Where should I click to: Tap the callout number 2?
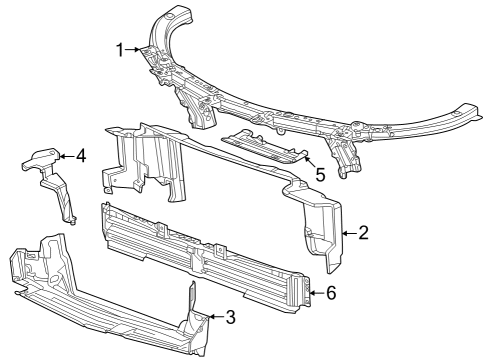364,233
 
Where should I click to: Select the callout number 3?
230,318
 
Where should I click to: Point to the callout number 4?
80,155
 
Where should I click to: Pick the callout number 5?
319,174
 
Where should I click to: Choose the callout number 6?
332,293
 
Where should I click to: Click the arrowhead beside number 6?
312,293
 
